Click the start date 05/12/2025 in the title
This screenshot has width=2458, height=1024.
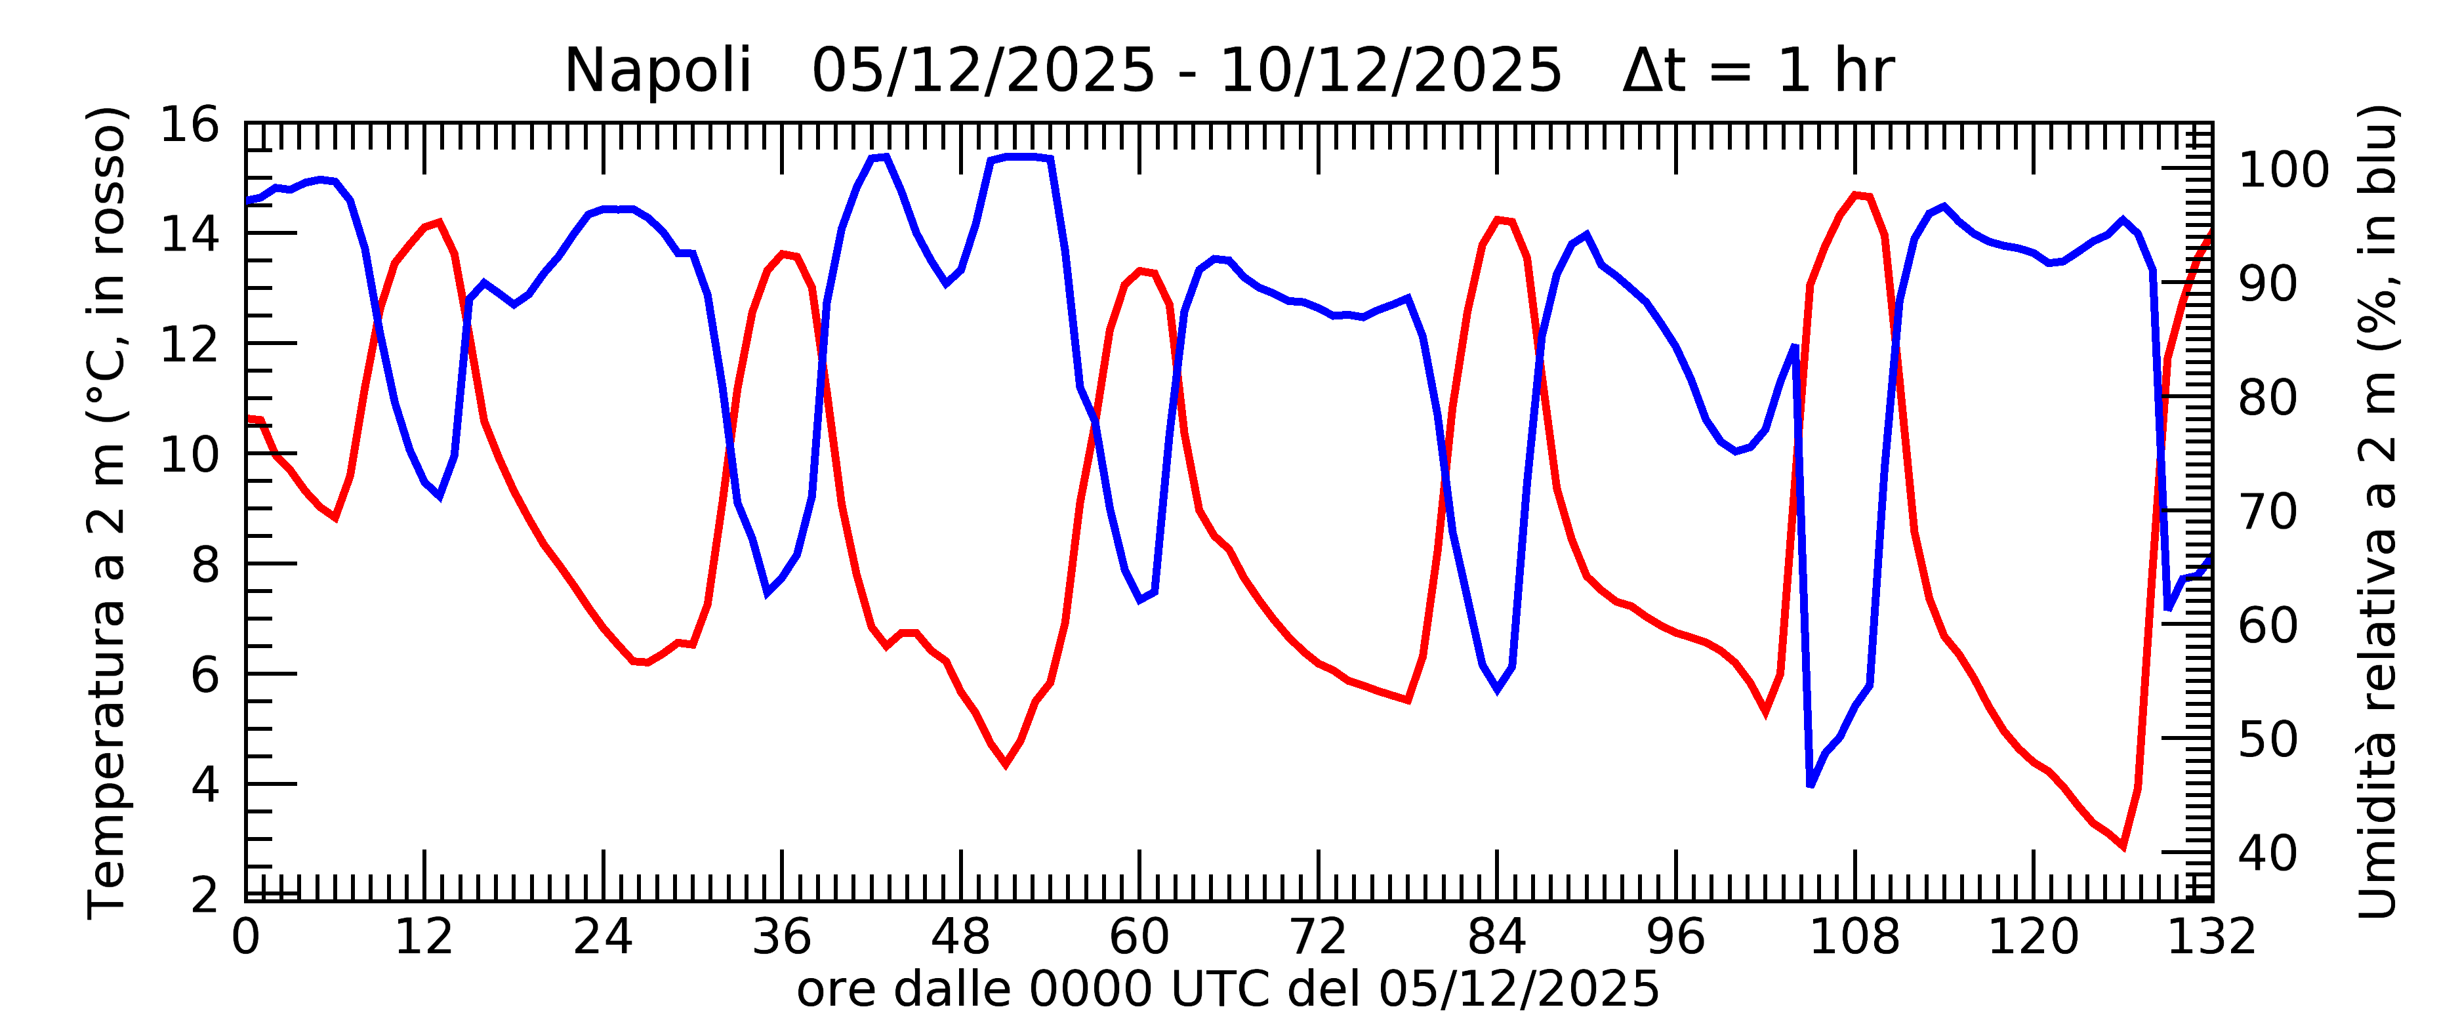tap(983, 72)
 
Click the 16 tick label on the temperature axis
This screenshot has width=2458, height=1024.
tap(189, 125)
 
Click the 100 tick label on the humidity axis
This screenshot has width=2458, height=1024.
tap(2284, 171)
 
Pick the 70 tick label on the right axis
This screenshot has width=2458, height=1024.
tap(2268, 512)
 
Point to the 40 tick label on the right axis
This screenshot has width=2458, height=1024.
tap(2268, 854)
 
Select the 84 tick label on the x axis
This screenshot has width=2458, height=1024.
tap(1496, 938)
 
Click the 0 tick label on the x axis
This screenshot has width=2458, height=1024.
tap(245, 938)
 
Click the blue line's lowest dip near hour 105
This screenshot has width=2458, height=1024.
tap(1810, 785)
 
